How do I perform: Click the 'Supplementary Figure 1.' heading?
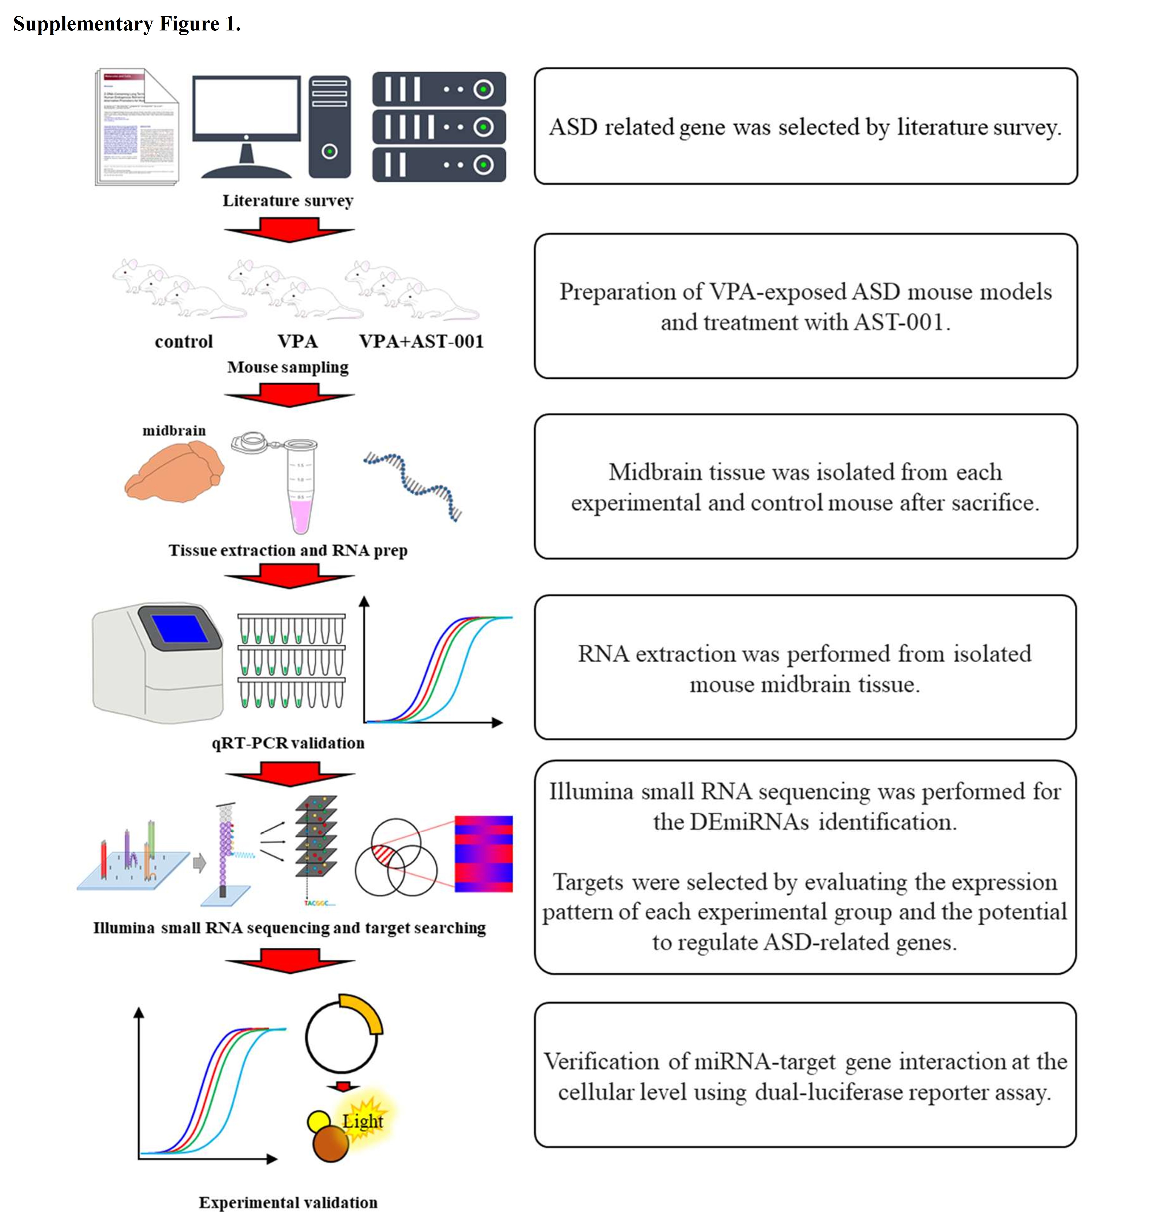127,24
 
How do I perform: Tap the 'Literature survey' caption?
288,201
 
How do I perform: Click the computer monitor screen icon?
246,109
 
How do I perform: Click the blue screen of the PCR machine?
179,628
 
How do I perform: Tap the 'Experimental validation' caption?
288,1202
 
